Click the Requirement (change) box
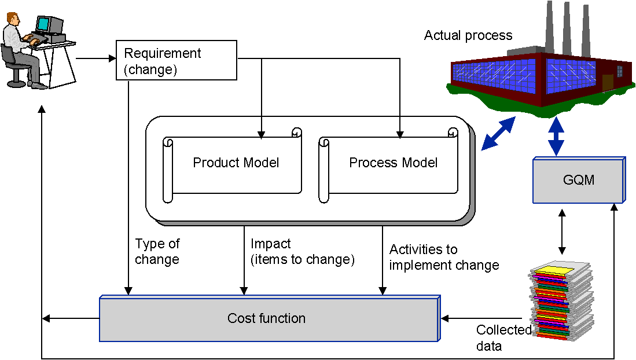[x=177, y=60]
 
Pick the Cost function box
[x=268, y=318]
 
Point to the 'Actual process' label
[x=468, y=35]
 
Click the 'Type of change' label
[x=157, y=252]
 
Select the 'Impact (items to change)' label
[x=302, y=252]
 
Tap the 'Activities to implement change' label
[x=444, y=258]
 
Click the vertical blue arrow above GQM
[x=557, y=135]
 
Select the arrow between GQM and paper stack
[x=561, y=232]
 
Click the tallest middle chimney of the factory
[x=567, y=26]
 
